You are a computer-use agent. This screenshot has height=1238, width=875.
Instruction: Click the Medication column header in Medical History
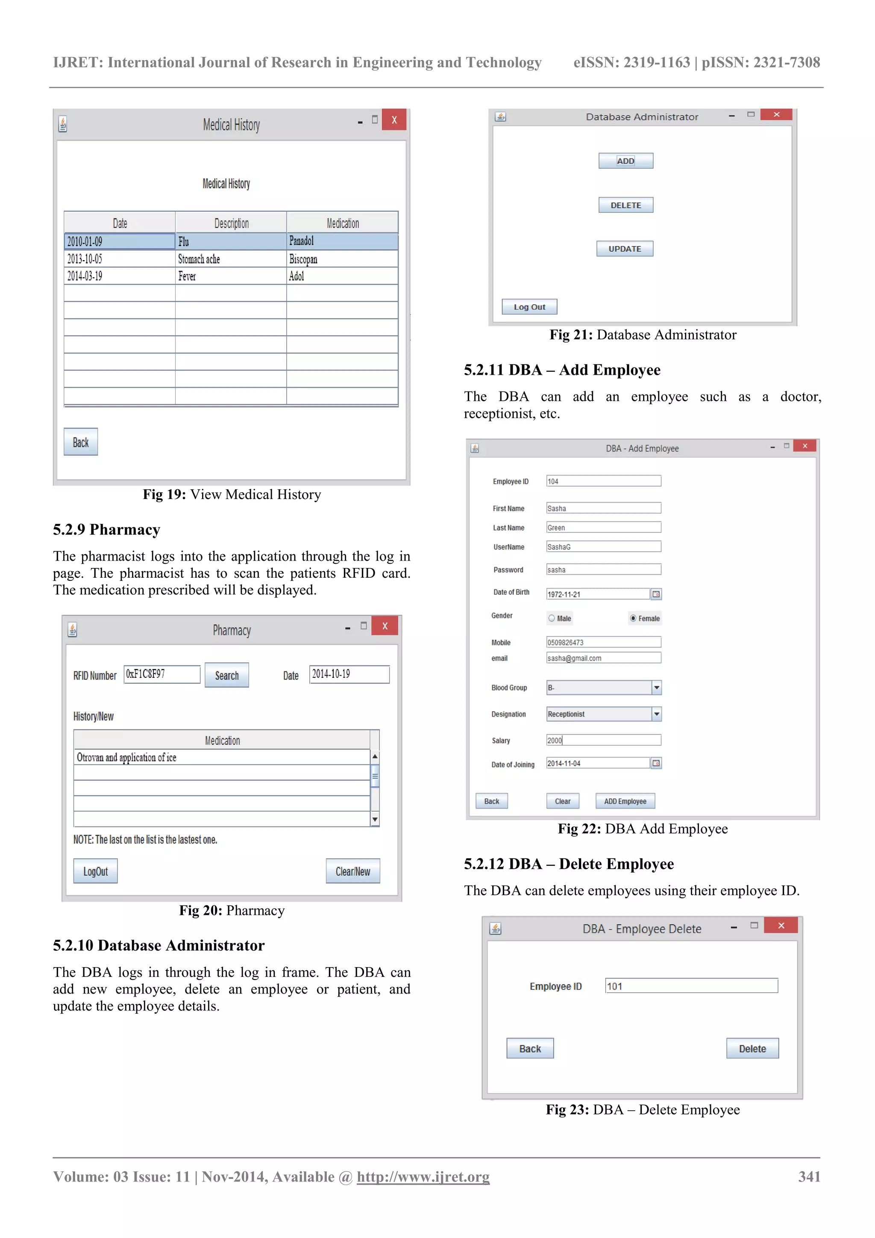click(342, 223)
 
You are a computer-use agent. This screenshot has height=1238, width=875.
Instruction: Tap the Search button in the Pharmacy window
click(226, 675)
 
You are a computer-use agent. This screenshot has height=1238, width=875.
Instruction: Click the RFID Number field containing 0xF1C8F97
click(162, 674)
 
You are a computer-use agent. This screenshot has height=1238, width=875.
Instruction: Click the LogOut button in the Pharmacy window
click(95, 871)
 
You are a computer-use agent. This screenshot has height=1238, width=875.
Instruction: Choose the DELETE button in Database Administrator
click(625, 205)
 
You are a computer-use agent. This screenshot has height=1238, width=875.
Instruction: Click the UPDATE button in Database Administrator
click(624, 249)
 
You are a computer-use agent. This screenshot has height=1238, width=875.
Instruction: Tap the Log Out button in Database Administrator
click(529, 307)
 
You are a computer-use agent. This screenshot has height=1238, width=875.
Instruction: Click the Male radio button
click(552, 618)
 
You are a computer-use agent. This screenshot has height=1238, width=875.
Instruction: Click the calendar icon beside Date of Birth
click(655, 594)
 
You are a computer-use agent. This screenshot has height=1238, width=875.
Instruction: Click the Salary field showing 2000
click(603, 740)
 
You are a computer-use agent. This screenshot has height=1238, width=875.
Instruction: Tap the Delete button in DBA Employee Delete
click(752, 1048)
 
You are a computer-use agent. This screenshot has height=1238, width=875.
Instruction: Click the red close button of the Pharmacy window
click(385, 626)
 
